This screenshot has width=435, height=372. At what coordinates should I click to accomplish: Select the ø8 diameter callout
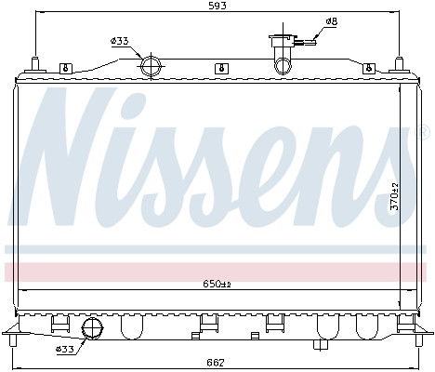(x=332, y=20)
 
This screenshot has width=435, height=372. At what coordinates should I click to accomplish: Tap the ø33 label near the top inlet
(x=118, y=41)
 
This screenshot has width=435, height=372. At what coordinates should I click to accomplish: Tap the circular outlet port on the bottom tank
(x=92, y=328)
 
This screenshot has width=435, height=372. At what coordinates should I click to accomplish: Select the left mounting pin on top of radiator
(x=34, y=64)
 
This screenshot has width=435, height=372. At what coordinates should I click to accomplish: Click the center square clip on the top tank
(x=218, y=68)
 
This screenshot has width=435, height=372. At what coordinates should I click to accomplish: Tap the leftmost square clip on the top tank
(x=65, y=68)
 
